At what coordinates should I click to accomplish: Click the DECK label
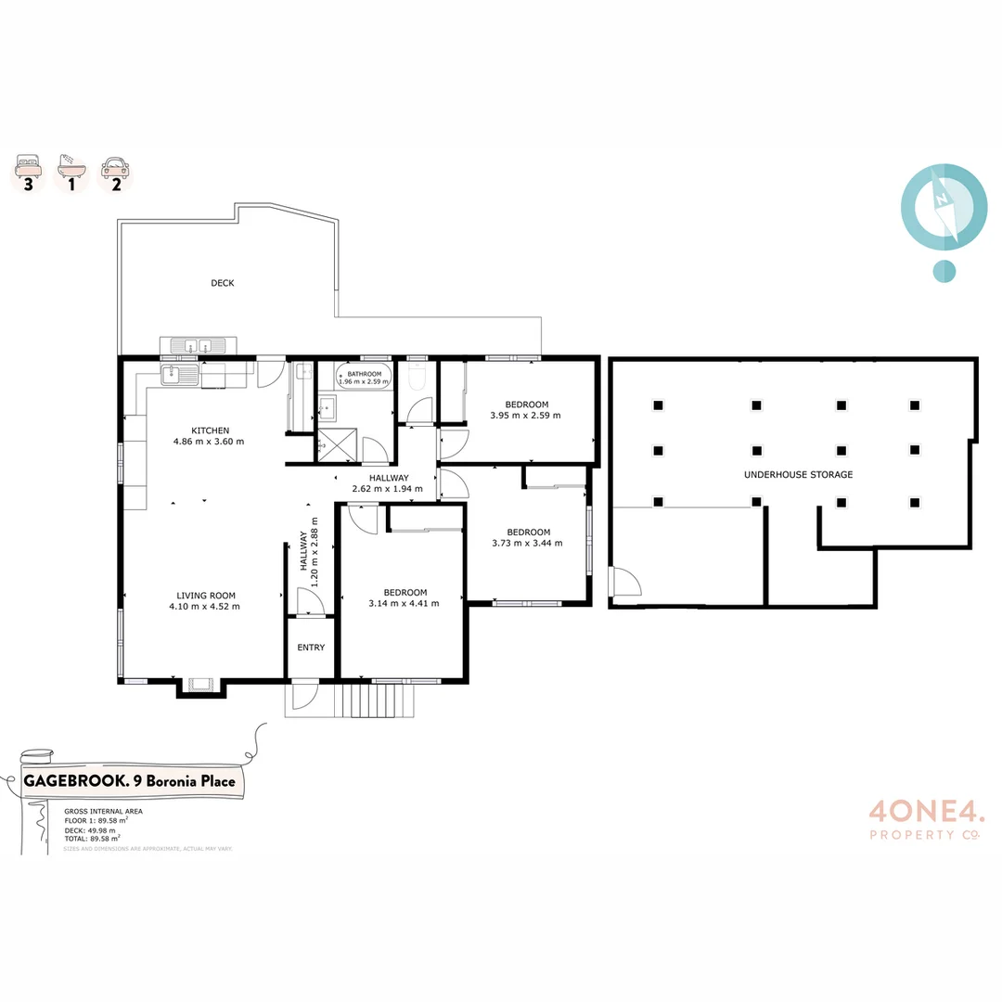(223, 283)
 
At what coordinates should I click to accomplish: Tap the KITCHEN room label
(210, 430)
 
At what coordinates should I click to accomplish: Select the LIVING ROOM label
(206, 596)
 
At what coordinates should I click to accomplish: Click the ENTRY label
(311, 648)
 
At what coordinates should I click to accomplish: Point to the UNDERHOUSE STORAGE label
(798, 474)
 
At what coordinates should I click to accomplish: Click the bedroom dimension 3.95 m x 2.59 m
(525, 416)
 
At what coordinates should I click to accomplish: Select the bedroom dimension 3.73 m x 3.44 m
(527, 544)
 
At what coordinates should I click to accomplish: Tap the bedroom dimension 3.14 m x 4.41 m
(404, 603)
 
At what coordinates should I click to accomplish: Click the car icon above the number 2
(116, 166)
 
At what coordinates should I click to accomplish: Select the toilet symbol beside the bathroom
(417, 379)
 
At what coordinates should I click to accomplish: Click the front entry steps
(378, 700)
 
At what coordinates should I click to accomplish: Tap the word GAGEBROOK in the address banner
(75, 781)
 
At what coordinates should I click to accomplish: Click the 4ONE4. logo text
(925, 812)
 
